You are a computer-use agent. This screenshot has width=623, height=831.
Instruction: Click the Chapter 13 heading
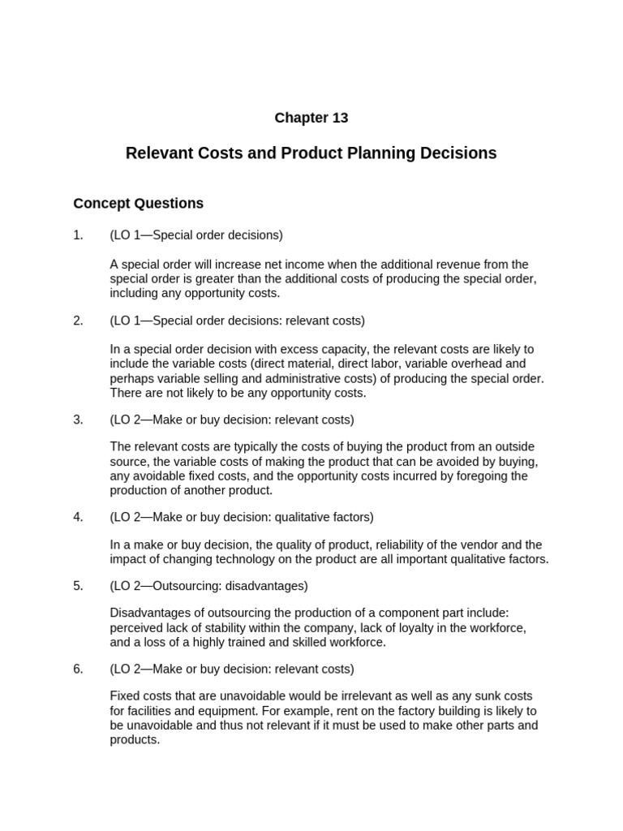tap(311, 118)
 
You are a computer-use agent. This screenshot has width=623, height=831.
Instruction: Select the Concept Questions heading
tap(138, 203)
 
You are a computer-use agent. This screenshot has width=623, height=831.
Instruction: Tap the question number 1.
tap(78, 235)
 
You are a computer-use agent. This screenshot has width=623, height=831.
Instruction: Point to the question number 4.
tap(78, 517)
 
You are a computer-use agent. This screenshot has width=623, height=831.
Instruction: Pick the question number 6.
tap(78, 669)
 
